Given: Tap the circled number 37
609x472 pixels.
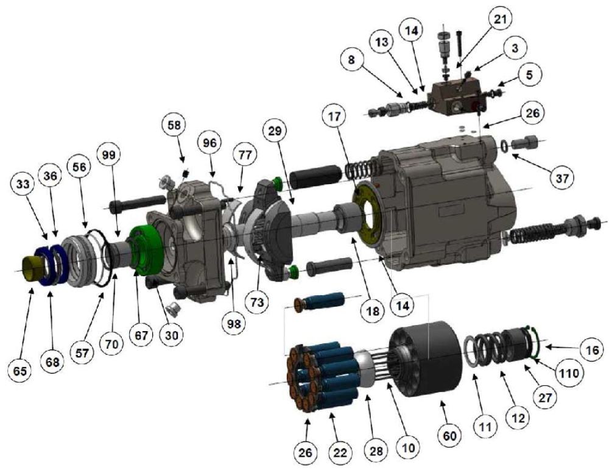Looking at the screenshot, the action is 562,178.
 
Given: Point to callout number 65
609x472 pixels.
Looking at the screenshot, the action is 20,371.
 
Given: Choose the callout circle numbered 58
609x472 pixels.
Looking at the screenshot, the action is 174,125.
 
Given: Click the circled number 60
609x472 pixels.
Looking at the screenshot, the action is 451,435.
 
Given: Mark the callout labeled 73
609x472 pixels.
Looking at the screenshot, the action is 257,302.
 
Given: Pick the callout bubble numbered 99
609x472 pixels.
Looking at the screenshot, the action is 109,154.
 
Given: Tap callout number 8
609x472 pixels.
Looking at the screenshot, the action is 351,61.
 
